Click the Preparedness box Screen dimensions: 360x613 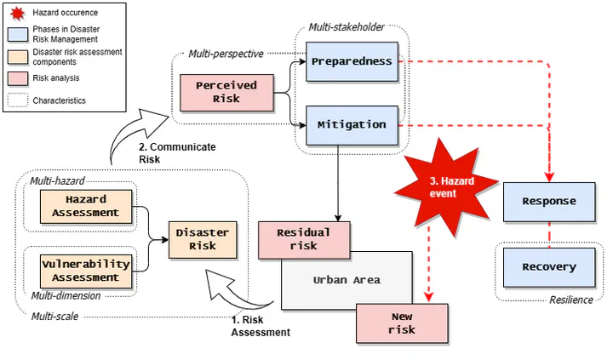(x=351, y=61)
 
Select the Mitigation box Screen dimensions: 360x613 (x=351, y=124)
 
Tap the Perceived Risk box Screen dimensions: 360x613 (x=230, y=92)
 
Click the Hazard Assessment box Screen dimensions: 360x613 (x=85, y=205)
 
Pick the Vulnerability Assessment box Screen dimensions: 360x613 (x=85, y=270)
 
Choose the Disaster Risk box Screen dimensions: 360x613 (x=202, y=239)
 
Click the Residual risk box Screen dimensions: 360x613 (x=303, y=239)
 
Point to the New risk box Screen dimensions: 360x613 (x=402, y=323)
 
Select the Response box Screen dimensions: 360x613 (x=548, y=202)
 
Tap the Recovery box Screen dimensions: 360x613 (x=548, y=267)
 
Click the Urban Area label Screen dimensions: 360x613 (x=347, y=279)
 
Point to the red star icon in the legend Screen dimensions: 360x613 (x=17, y=13)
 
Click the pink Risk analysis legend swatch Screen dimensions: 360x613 (x=17, y=77)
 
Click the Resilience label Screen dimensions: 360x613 (x=570, y=300)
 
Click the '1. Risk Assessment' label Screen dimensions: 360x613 (x=261, y=326)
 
